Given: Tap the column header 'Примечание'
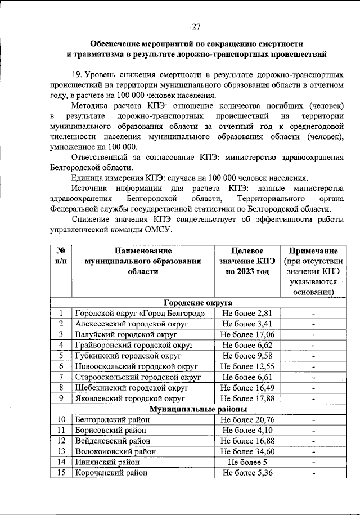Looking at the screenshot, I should click(x=313, y=250).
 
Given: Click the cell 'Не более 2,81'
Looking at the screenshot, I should click(x=247, y=313).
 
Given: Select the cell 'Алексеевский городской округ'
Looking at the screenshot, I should click(x=132, y=324).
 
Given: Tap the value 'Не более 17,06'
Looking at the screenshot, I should click(x=247, y=334).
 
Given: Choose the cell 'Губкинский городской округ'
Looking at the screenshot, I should click(x=128, y=356).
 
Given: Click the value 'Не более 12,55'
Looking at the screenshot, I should click(x=247, y=366).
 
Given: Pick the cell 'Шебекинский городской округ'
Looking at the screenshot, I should click(x=132, y=388).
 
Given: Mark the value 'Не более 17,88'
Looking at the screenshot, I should click(x=247, y=398).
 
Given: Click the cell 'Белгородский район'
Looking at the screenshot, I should click(x=112, y=420).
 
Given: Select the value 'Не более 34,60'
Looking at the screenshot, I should click(x=247, y=451).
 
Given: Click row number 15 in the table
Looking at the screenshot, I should click(x=61, y=473).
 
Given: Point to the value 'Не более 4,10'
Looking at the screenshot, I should click(x=247, y=431).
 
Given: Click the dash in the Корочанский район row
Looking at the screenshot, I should click(x=313, y=473).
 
